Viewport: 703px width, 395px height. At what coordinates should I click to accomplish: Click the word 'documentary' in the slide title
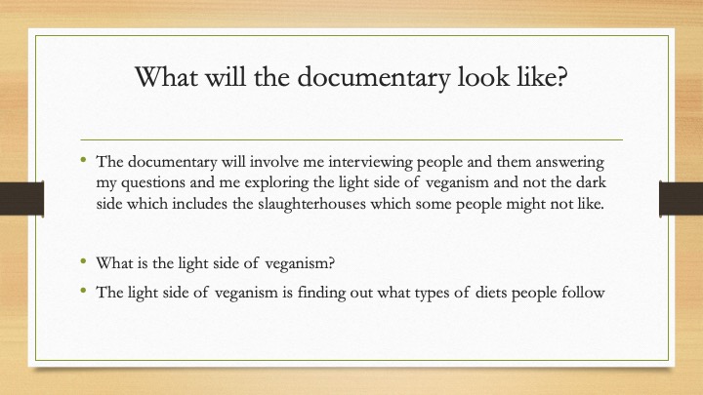point(373,77)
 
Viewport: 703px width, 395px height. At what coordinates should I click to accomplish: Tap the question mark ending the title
point(561,76)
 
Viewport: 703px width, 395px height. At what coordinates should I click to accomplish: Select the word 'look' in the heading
point(483,76)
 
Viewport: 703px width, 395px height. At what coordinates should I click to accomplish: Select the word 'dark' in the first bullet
point(591,182)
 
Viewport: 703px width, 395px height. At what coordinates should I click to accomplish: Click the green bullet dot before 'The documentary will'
point(83,159)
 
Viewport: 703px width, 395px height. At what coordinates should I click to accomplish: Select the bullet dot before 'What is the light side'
point(83,260)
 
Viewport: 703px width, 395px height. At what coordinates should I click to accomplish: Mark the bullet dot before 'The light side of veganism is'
point(83,291)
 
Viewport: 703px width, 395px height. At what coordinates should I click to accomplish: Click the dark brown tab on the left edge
point(21,198)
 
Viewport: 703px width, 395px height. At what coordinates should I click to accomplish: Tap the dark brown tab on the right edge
point(682,198)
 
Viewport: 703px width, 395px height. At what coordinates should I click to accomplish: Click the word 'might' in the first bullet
point(522,204)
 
